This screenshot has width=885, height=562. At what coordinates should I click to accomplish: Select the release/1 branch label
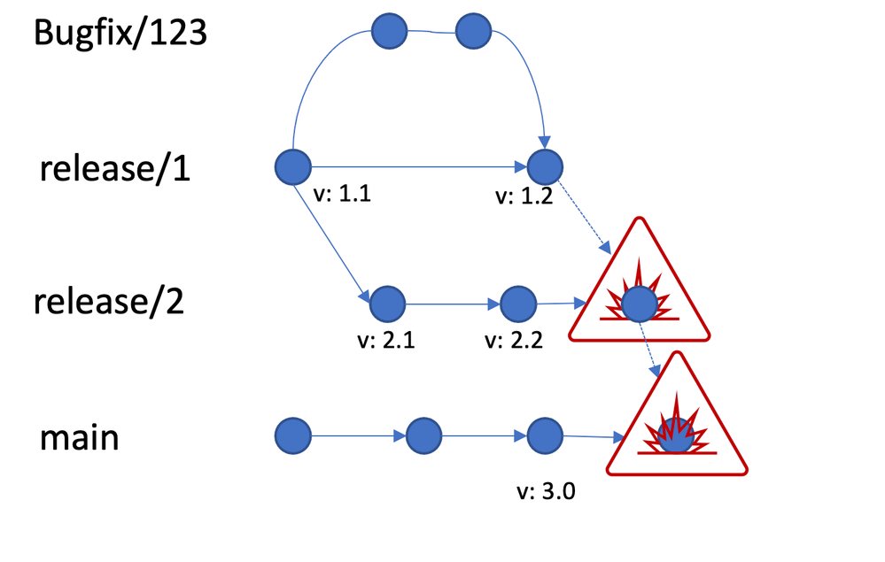[x=114, y=167]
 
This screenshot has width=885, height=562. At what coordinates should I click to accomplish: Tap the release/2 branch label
[x=109, y=301]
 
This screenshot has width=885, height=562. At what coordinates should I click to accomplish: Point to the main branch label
[x=79, y=435]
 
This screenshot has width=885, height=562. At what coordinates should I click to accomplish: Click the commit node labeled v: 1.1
[x=293, y=166]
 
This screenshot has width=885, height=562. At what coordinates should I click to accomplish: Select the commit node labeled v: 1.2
[x=545, y=166]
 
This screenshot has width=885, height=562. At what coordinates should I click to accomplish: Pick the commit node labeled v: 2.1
[x=387, y=304]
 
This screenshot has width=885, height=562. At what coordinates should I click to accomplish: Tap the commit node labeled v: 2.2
[x=518, y=304]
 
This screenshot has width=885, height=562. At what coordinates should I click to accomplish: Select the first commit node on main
[x=293, y=435]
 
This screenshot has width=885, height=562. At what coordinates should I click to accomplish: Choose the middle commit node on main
[x=423, y=435]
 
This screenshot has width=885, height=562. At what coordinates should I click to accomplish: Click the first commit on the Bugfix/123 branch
[x=389, y=33]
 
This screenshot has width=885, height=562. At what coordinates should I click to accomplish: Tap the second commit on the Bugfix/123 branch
[x=474, y=33]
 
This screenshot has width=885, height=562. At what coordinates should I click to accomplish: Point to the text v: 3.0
[x=546, y=492]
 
